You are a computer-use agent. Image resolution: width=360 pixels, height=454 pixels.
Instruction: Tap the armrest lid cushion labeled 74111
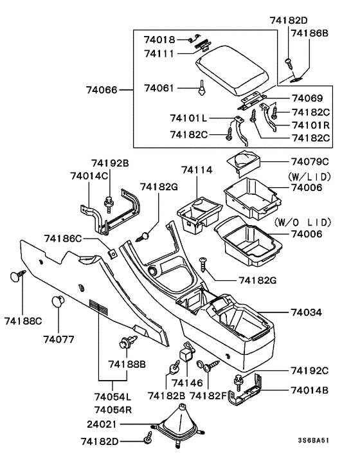point(235,70)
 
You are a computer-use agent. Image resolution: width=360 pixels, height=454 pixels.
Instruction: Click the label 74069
point(307,98)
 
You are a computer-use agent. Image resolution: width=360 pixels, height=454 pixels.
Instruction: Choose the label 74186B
point(309,32)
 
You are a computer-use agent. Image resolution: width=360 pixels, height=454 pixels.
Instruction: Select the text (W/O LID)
point(302,222)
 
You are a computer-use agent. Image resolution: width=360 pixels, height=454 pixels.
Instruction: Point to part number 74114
point(196,170)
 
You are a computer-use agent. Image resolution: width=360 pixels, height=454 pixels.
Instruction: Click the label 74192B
point(110,164)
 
